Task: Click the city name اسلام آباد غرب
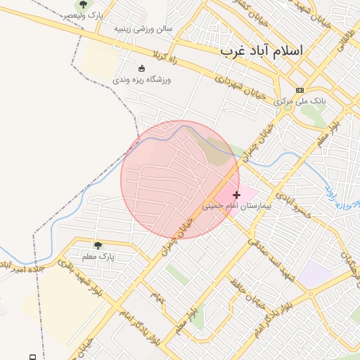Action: point(261,51)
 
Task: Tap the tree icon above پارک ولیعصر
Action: point(84,5)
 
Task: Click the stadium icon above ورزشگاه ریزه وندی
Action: point(141,68)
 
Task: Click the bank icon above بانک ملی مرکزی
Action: point(300,90)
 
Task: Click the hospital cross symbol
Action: point(236,195)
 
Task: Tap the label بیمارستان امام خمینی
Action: point(236,207)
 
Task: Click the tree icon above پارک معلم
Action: point(97,245)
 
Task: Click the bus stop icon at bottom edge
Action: point(33,356)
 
